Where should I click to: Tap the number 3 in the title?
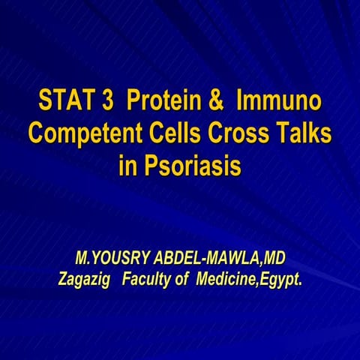pos(107,100)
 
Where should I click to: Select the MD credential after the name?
pos(274,259)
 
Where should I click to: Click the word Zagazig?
pos(85,280)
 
